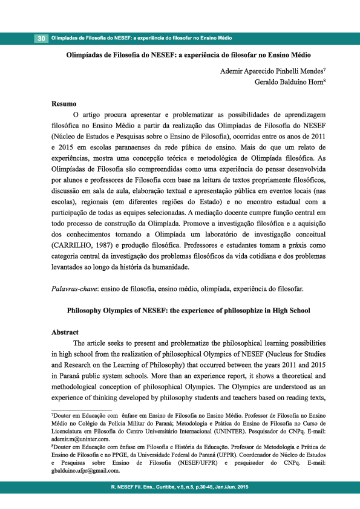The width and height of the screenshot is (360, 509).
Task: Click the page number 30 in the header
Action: click(x=41, y=39)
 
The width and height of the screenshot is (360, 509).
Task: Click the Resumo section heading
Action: click(x=64, y=103)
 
